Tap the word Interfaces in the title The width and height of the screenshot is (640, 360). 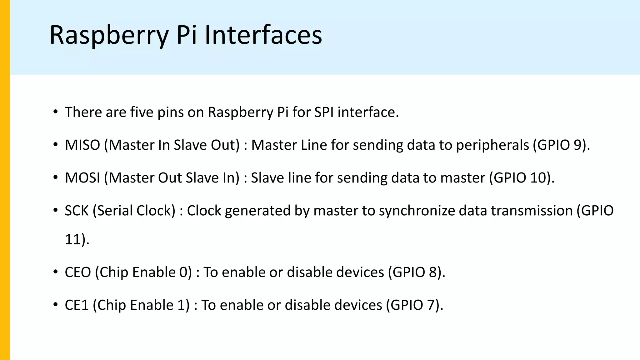pyautogui.click(x=263, y=35)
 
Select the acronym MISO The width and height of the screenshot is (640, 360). pyautogui.click(x=82, y=145)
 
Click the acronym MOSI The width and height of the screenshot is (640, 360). pyautogui.click(x=82, y=178)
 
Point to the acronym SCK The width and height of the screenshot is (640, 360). pyautogui.click(x=77, y=211)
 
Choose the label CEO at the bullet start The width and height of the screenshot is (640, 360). pyautogui.click(x=78, y=272)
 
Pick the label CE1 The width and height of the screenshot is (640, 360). pyautogui.click(x=77, y=305)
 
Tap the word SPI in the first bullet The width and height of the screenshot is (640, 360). pyautogui.click(x=324, y=112)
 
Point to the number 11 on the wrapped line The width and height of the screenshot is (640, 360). pyautogui.click(x=72, y=239)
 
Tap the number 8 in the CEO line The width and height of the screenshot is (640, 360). pyautogui.click(x=432, y=272)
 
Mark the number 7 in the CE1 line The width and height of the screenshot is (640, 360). pyautogui.click(x=431, y=305)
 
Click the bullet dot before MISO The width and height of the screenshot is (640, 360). pyautogui.click(x=55, y=145)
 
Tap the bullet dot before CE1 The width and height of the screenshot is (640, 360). pyautogui.click(x=55, y=305)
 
